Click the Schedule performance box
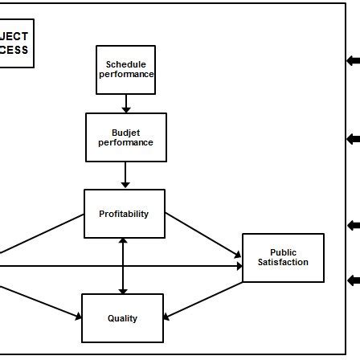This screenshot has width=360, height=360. click(x=125, y=69)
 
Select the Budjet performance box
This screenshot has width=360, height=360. click(x=126, y=137)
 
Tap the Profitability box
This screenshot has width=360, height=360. click(x=124, y=214)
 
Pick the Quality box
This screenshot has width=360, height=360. click(x=122, y=318)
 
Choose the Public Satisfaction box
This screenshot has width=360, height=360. click(x=283, y=257)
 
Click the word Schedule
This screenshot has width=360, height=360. click(x=126, y=63)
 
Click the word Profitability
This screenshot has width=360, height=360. click(x=124, y=214)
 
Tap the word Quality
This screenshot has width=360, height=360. click(x=122, y=318)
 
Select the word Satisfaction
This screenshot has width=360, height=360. click(x=283, y=263)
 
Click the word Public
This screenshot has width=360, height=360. click(x=283, y=252)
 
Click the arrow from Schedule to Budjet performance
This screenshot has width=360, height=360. click(x=126, y=104)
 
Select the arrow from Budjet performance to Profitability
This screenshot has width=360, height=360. click(x=126, y=175)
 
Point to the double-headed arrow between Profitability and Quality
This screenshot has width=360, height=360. click(x=123, y=265)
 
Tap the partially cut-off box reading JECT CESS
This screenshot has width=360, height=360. click(x=16, y=43)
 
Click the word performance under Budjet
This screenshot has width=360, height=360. click(x=126, y=142)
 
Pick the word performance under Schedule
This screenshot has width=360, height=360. click(x=126, y=74)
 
